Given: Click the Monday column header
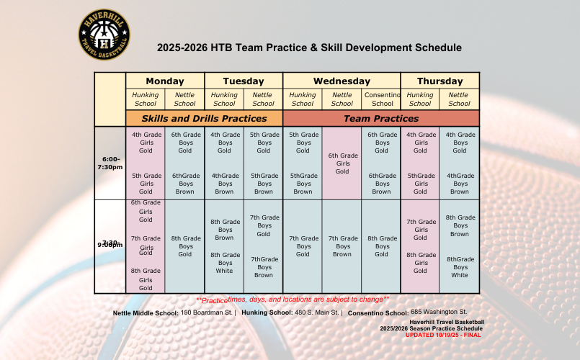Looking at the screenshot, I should pos(165,81).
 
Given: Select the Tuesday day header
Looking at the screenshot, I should pos(244,81).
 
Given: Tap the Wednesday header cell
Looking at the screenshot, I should pos(342,81).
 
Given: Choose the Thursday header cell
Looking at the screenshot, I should pos(440,81).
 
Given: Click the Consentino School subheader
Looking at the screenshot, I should pos(382,99).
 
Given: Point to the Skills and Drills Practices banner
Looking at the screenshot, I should pos(204,118).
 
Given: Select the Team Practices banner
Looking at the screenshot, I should pos(381,118).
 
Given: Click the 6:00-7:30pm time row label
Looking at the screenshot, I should pos(110,163).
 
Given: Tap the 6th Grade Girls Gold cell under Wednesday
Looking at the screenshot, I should pos(342,163).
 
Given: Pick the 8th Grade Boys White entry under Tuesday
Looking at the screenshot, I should pos(225,263).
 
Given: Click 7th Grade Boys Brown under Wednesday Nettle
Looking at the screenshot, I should pos(342,246).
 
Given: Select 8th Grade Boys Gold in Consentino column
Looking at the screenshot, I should pos(382,246).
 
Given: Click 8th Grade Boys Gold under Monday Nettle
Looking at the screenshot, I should pos(185,246).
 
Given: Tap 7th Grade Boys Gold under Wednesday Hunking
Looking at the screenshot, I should pos(303,246).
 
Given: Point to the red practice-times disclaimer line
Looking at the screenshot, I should pos(293,300).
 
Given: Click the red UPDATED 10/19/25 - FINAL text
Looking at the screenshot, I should pos(442,335).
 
